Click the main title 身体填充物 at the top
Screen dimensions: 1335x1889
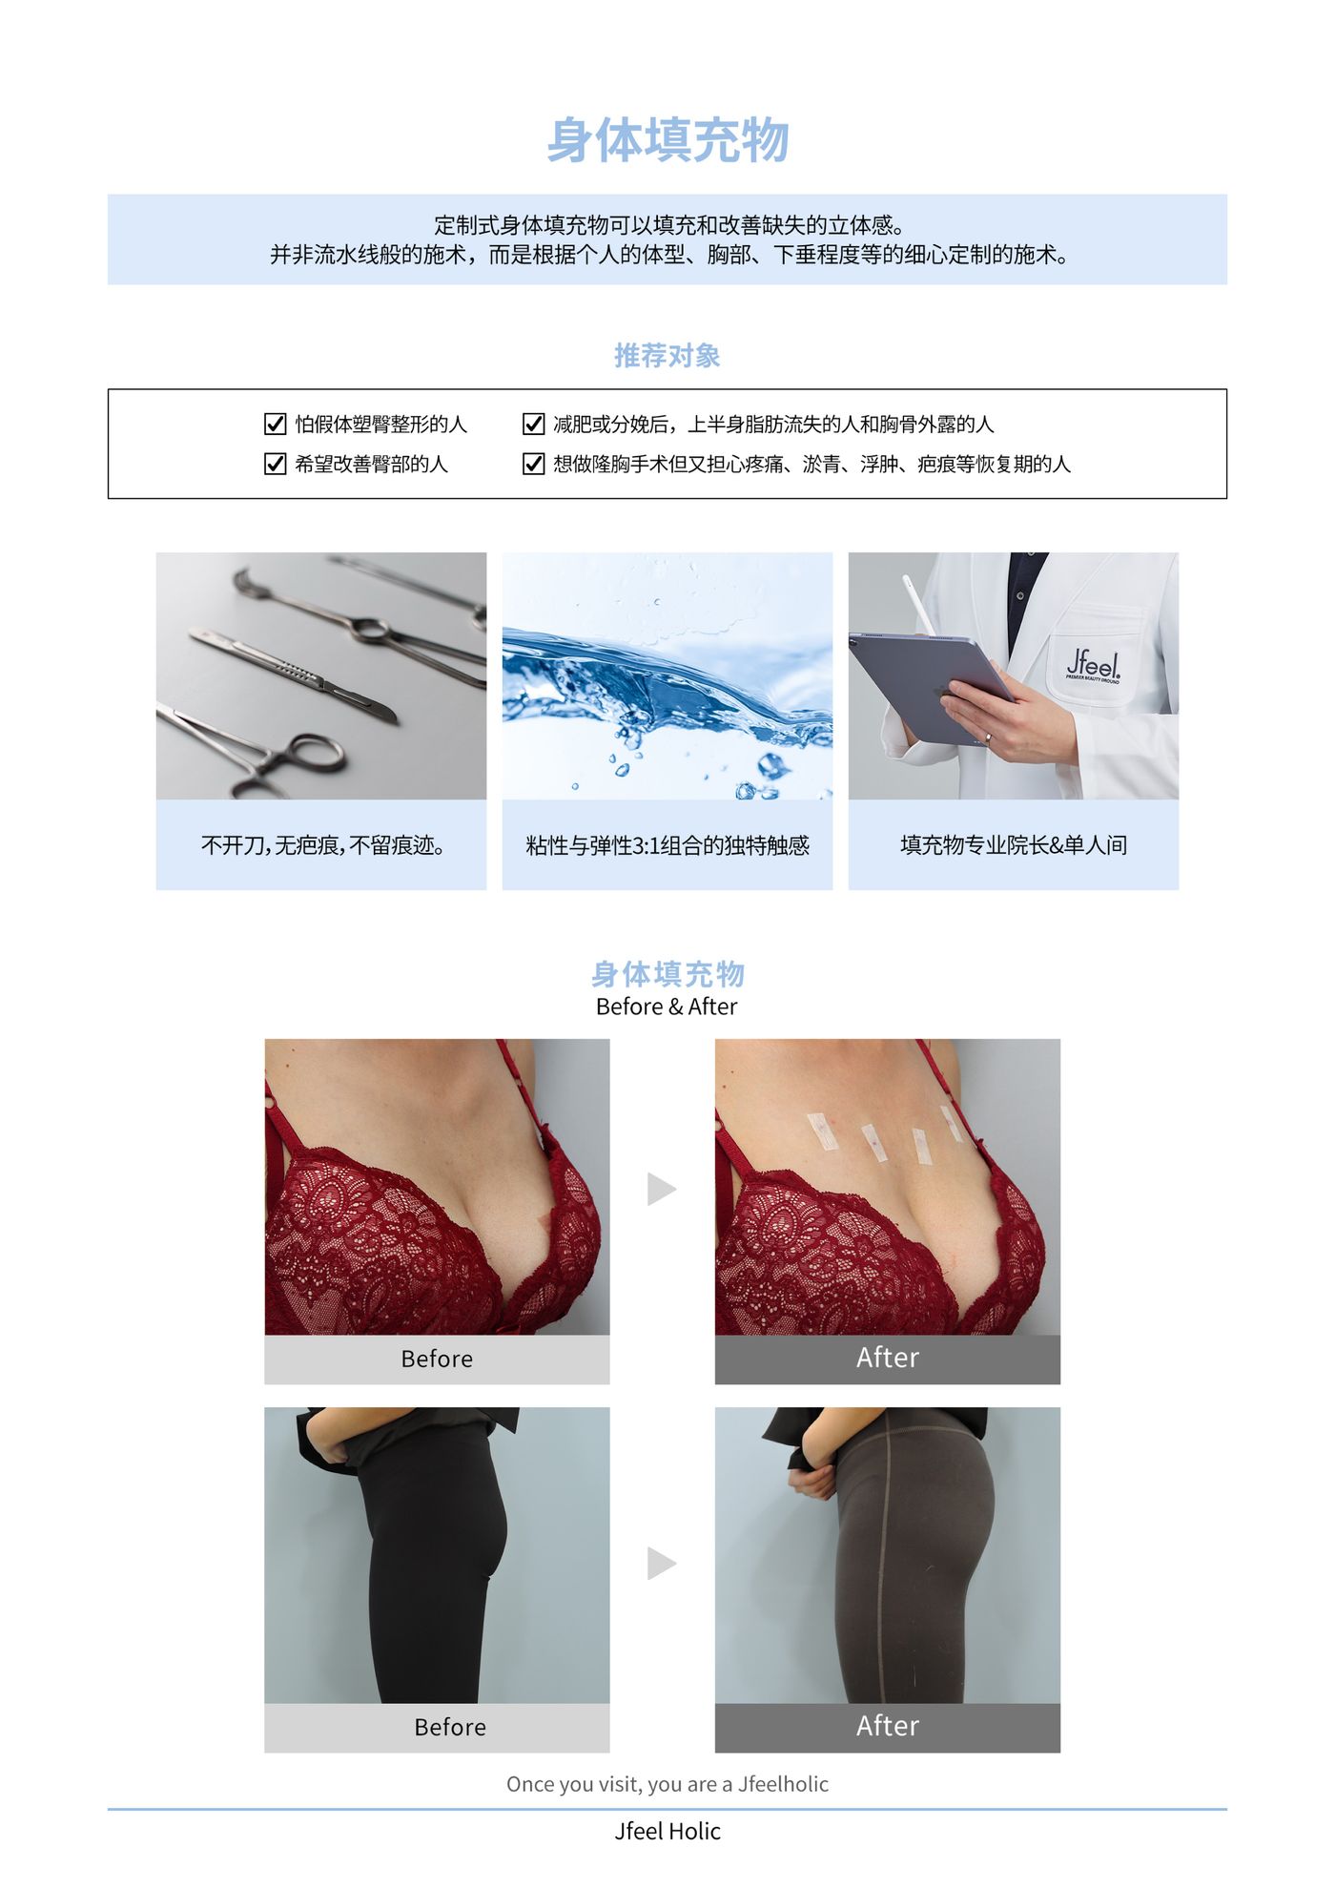click(667, 140)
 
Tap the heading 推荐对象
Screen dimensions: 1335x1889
click(667, 356)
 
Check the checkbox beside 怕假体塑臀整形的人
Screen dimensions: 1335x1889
click(275, 424)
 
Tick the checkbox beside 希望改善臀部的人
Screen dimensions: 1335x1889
click(275, 464)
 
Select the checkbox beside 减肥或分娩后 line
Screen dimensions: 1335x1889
click(534, 424)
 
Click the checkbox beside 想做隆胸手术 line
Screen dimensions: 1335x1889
click(534, 464)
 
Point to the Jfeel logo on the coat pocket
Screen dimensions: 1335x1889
click(1094, 664)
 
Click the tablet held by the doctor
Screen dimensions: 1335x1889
click(930, 685)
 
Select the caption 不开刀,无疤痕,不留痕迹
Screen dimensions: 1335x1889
click(322, 845)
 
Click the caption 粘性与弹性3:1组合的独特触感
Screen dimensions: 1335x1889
click(667, 845)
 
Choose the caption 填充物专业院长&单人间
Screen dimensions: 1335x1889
click(1014, 845)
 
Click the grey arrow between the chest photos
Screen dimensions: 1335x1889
click(662, 1189)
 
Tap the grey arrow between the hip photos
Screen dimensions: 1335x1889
click(662, 1563)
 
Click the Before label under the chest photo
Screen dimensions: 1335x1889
click(437, 1359)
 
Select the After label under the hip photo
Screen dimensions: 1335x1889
click(888, 1726)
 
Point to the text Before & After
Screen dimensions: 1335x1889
click(667, 1007)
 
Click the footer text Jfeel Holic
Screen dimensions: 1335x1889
click(667, 1831)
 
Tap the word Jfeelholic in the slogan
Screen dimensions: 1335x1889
click(783, 1784)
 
